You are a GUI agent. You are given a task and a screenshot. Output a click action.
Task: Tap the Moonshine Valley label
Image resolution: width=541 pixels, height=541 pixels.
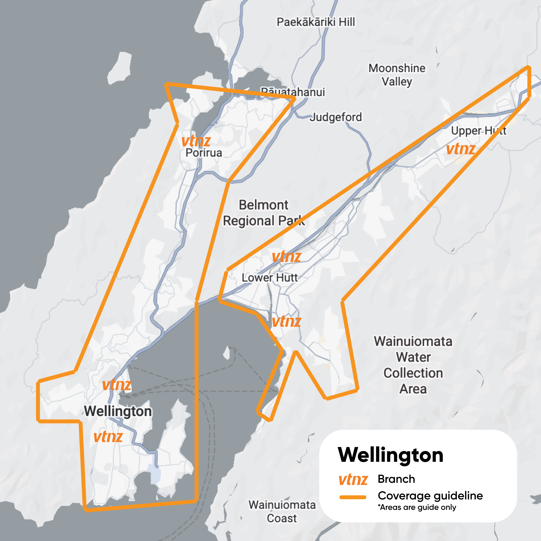397,75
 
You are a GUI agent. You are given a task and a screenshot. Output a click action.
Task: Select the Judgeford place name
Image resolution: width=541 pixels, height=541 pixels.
335,117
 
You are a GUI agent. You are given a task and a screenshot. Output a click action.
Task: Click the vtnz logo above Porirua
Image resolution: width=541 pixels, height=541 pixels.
196,141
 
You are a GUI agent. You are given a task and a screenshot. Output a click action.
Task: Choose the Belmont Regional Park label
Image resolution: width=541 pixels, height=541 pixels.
264,213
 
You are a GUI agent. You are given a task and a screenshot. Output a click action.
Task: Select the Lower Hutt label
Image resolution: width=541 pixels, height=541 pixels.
269,278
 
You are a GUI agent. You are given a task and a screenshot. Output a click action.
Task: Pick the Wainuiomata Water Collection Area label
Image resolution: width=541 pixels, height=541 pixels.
413,365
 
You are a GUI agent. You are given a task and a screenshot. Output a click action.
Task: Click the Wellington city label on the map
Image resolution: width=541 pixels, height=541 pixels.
118,411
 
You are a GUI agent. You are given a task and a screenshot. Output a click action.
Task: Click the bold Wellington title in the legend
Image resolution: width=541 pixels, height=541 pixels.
390,455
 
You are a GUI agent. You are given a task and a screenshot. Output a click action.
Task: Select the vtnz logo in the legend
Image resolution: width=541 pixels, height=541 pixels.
353,480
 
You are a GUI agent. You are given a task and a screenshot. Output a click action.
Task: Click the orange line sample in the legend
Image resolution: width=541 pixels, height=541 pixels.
353,497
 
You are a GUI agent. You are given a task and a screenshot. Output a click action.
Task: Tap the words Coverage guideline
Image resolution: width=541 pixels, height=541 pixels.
430,496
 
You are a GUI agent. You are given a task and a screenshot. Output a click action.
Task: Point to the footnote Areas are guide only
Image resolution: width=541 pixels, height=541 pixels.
417,507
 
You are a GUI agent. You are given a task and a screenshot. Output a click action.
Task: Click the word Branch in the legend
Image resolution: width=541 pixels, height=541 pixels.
396,479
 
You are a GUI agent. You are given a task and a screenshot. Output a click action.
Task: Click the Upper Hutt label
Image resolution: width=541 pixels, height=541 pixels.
478,131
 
